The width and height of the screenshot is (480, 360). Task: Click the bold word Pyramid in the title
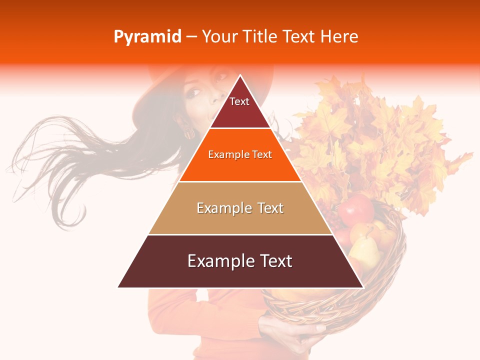pyautogui.click(x=147, y=37)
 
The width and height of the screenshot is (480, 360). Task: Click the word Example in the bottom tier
pyautogui.click(x=218, y=261)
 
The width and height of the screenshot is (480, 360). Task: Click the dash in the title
pyautogui.click(x=191, y=37)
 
